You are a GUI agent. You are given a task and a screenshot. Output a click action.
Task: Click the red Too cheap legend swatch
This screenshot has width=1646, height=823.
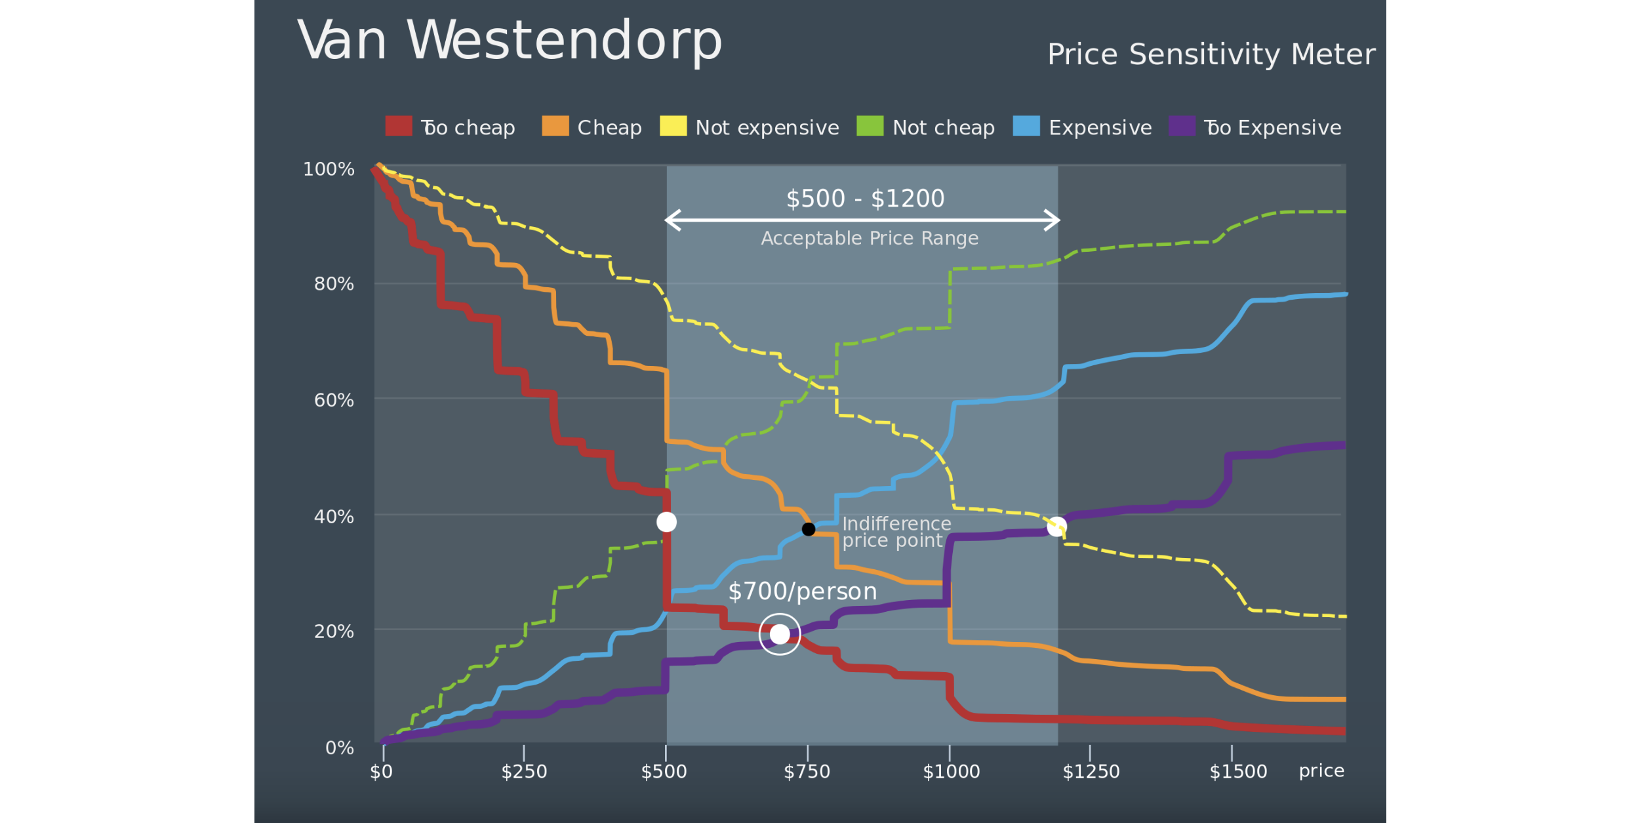398,126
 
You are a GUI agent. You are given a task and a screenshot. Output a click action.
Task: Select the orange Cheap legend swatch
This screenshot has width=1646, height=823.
555,126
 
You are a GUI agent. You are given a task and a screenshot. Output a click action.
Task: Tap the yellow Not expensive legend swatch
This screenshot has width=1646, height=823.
673,126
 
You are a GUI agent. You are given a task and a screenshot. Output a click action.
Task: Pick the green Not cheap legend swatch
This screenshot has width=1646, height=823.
870,126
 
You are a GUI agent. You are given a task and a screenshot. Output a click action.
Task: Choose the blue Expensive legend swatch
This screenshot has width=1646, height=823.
1026,126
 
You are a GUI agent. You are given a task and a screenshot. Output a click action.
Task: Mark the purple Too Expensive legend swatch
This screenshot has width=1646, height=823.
1182,126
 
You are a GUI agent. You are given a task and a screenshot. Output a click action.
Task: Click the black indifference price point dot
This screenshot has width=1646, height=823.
809,529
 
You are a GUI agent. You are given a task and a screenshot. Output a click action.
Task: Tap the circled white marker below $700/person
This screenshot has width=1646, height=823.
780,634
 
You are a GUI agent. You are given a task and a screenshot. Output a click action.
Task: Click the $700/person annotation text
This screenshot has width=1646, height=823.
802,592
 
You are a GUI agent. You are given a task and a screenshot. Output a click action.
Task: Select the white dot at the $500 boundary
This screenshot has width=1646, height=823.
666,522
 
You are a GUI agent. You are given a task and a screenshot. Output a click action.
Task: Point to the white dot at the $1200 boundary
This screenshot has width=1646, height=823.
1056,527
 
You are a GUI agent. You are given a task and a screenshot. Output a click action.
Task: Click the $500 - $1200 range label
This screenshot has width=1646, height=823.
865,199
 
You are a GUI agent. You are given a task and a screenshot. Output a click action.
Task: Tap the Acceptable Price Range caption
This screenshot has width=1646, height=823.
869,238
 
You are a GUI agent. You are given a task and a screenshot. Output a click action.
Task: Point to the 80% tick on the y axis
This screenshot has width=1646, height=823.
334,284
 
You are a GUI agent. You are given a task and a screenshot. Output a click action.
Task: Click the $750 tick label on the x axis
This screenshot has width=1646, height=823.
807,772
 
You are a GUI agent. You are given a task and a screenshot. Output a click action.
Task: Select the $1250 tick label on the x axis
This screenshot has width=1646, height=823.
1091,772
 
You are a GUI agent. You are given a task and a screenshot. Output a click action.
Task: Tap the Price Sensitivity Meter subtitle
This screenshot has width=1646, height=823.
1211,54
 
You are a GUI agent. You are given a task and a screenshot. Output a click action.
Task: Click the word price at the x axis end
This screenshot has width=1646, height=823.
1321,771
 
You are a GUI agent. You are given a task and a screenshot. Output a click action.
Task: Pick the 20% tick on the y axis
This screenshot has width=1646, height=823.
334,632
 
